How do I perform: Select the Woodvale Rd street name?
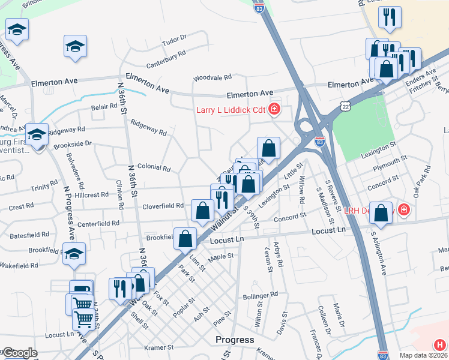click(212, 77)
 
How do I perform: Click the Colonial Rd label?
click(154, 168)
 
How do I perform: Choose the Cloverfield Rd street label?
click(163, 206)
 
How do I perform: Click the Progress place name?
click(234, 340)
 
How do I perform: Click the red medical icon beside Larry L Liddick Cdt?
click(274, 109)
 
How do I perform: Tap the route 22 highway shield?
click(361, 105)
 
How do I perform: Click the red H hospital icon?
click(440, 344)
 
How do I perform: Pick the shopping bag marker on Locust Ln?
click(185, 238)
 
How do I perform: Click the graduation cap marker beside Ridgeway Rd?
click(37, 135)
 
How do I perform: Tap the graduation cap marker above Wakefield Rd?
click(74, 253)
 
